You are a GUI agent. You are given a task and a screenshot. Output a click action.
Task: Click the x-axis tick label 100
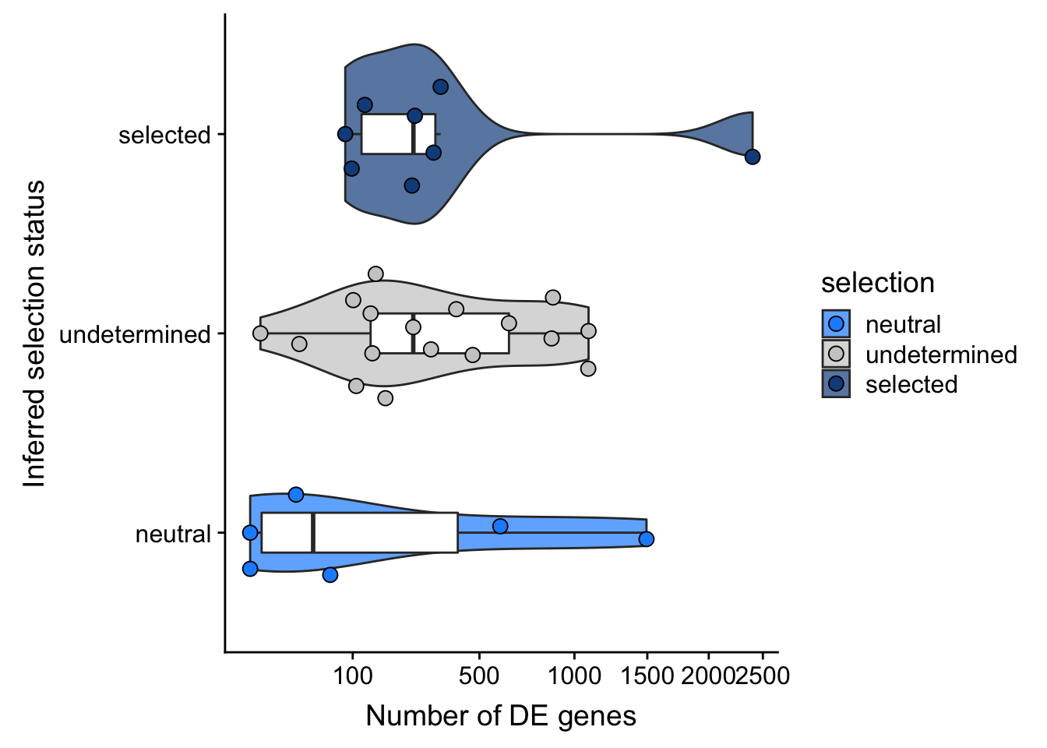(x=352, y=675)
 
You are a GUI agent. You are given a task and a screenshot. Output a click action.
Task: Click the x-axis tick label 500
(x=478, y=675)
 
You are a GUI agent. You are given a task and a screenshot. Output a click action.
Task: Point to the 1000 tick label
(x=574, y=675)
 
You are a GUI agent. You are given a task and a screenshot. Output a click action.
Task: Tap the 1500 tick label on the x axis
(x=647, y=675)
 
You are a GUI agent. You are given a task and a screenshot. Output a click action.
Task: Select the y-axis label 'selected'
(x=164, y=135)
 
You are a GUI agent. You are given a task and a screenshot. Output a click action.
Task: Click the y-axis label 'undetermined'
(x=135, y=334)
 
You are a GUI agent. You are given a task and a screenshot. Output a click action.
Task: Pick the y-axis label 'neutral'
(x=173, y=534)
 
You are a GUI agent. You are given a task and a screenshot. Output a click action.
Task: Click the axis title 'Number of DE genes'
(x=501, y=715)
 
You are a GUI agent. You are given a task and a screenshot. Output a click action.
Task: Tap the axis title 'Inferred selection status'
(x=34, y=333)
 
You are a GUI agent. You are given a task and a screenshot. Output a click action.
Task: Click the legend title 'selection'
(x=877, y=283)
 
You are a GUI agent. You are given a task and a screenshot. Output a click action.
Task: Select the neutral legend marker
(x=836, y=323)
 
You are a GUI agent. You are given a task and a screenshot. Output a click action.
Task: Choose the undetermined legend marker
(x=836, y=354)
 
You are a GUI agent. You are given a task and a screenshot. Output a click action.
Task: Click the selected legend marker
(x=836, y=383)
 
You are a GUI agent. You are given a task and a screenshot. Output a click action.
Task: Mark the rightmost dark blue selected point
(x=752, y=157)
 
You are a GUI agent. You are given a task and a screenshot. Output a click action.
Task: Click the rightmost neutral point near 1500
(x=646, y=539)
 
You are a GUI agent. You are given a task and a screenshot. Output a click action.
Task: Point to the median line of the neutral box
(x=313, y=533)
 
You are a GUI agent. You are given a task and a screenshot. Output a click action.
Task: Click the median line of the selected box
(x=413, y=134)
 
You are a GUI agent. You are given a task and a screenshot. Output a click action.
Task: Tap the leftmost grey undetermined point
(x=260, y=333)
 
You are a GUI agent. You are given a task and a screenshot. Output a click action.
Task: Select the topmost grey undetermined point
(x=375, y=273)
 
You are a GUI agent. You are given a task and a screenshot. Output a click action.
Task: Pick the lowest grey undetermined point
(x=385, y=398)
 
